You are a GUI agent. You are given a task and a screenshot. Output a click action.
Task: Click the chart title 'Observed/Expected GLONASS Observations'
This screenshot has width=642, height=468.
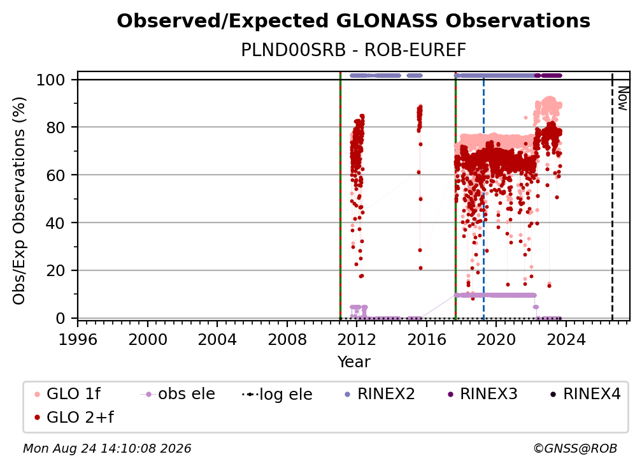click(353, 21)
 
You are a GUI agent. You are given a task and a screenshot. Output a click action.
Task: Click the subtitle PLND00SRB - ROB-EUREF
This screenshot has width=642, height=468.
click(353, 50)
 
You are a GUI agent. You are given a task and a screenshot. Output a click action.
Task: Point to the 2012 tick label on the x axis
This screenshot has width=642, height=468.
click(357, 339)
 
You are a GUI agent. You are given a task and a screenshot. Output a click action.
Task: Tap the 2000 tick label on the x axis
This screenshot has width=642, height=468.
click(148, 339)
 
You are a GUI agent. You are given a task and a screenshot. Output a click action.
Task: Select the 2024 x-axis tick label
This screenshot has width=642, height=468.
click(566, 339)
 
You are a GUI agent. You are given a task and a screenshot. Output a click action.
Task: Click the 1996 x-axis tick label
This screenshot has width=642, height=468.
click(78, 339)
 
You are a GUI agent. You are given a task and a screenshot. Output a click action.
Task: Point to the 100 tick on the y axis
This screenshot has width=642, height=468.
click(50, 80)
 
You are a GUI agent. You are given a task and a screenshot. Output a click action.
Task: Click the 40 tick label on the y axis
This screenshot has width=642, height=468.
click(55, 223)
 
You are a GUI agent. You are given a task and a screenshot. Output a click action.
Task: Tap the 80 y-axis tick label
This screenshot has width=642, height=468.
click(55, 128)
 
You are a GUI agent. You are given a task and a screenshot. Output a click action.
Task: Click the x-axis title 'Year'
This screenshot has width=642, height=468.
click(353, 362)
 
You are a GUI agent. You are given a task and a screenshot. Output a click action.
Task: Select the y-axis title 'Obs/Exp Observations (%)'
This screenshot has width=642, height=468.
click(19, 201)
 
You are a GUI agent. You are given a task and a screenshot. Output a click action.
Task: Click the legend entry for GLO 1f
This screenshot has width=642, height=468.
click(68, 394)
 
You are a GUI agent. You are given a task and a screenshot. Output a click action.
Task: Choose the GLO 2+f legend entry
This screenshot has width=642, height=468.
click(75, 417)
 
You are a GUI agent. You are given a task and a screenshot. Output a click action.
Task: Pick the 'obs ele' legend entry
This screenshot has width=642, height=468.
click(178, 394)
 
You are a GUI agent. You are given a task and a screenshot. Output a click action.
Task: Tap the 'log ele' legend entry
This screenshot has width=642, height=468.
click(277, 394)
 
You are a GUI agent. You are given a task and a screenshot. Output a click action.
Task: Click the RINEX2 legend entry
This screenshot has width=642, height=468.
click(380, 394)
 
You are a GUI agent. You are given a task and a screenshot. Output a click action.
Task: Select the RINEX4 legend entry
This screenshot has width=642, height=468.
click(585, 394)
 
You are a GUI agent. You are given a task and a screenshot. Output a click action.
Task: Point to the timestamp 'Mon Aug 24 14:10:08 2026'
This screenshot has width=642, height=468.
click(107, 448)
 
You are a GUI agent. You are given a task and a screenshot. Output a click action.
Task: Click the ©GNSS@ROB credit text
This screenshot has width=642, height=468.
click(575, 448)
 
